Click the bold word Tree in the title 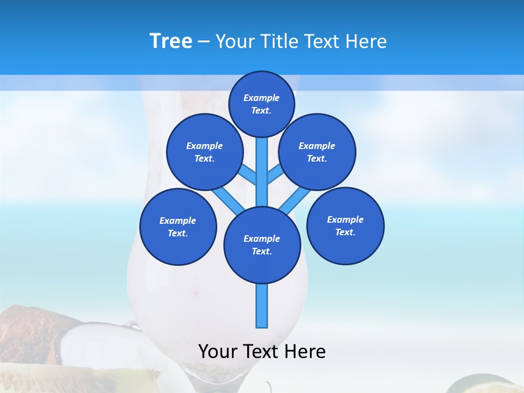point(171,41)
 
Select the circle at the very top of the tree point(261,104)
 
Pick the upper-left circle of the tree point(205,152)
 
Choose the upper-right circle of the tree point(317,152)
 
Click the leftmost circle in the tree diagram point(178,227)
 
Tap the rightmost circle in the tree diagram point(345,225)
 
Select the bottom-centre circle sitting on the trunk point(262,245)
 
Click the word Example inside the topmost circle point(261,98)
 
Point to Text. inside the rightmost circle point(345,232)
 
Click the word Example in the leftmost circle point(178,221)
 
